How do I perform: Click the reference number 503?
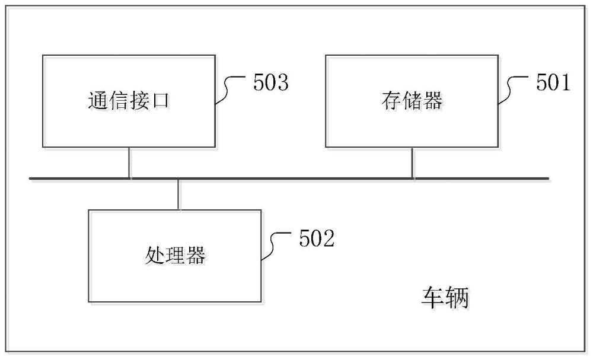(271, 82)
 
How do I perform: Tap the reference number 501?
(553, 82)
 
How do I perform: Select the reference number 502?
(317, 238)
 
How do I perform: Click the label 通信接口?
(129, 101)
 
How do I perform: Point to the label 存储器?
(412, 101)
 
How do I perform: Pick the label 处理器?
(175, 255)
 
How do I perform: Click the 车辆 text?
(445, 298)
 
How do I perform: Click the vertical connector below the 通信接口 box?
(129, 163)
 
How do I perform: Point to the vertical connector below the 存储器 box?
(412, 163)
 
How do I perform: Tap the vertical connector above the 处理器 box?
(178, 195)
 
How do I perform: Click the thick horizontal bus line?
(289, 178)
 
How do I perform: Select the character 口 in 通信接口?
(160, 101)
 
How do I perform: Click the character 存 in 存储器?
(391, 101)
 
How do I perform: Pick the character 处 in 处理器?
(154, 255)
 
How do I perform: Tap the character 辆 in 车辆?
(457, 298)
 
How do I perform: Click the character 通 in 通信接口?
(98, 101)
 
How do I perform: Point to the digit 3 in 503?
(283, 82)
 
